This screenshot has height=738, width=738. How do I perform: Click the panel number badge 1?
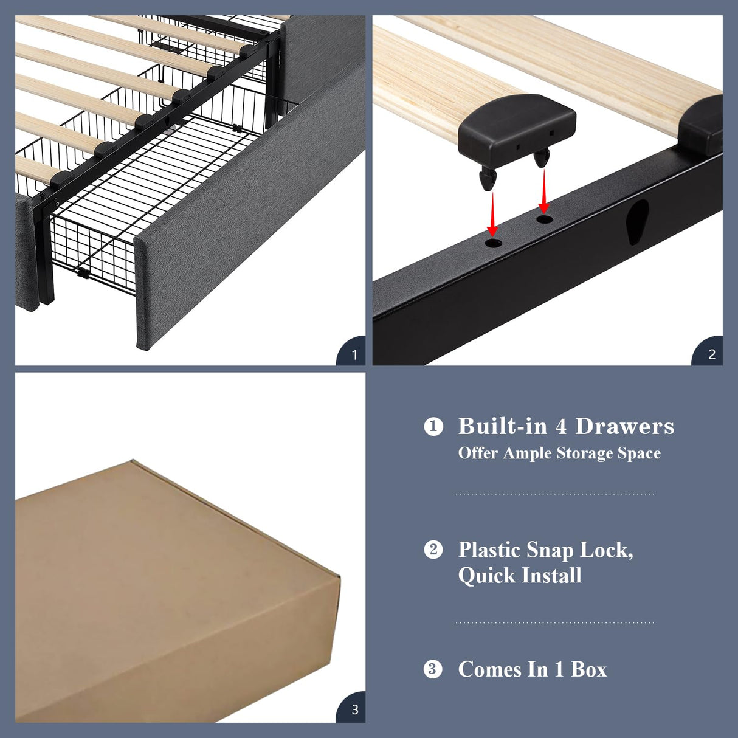click(x=354, y=354)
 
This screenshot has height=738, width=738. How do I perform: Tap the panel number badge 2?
click(x=711, y=354)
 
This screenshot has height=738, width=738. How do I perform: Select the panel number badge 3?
click(x=354, y=709)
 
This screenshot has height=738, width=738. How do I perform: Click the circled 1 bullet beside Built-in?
click(x=433, y=426)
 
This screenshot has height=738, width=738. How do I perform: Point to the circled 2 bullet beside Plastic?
click(x=433, y=550)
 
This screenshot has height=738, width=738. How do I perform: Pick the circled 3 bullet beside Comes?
click(x=433, y=669)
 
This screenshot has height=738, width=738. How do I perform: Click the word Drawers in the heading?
click(x=624, y=426)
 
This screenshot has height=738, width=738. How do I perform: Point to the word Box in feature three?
click(x=588, y=669)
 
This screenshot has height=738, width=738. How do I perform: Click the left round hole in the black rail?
click(x=493, y=243)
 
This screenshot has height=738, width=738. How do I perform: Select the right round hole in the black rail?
click(x=545, y=219)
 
